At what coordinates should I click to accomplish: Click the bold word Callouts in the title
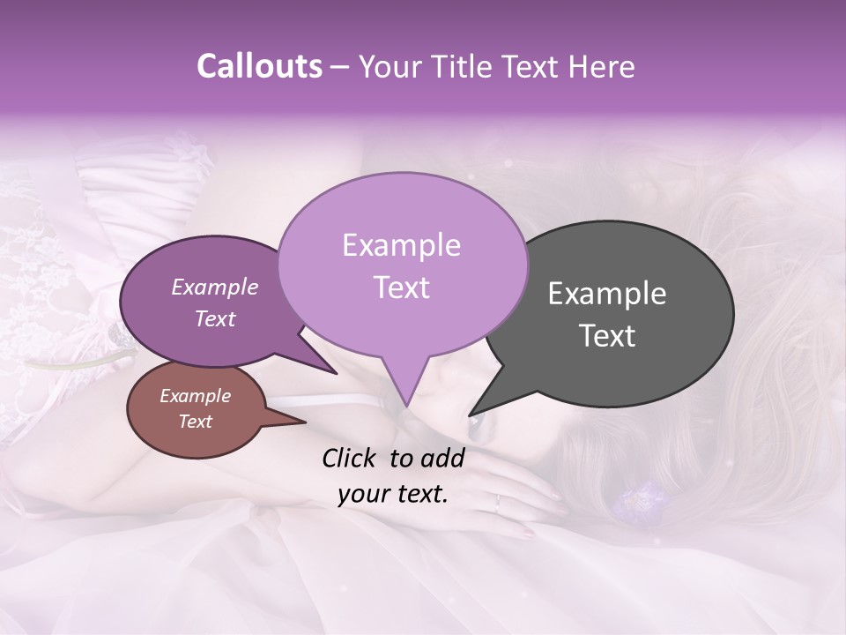pos(260,66)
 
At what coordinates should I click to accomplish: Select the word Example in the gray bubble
pos(607,294)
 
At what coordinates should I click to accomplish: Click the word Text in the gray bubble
pos(607,336)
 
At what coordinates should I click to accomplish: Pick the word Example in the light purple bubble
pos(401,245)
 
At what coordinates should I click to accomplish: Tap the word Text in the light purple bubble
pos(401,288)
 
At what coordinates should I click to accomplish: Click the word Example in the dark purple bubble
pos(214,287)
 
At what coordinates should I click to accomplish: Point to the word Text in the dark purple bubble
pos(214,318)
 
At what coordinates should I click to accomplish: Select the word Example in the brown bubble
pos(195,396)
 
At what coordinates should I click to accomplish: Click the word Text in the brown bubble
pos(195,422)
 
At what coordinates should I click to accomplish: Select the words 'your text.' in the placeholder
pos(393,494)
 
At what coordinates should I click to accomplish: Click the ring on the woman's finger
pos(497,504)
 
